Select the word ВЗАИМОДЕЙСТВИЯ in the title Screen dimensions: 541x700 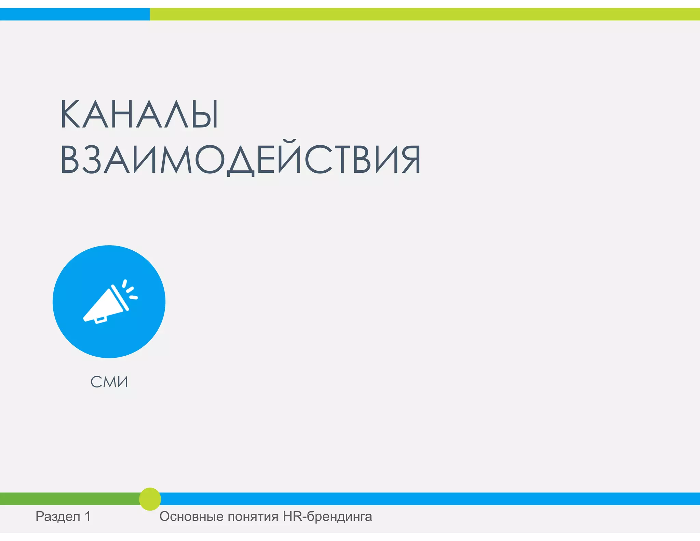pyautogui.click(x=240, y=159)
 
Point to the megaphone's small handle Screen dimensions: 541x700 pyautogui.click(x=100, y=320)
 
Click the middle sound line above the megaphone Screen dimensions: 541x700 pyautogui.click(x=130, y=290)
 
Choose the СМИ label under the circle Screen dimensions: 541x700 pyautogui.click(x=109, y=382)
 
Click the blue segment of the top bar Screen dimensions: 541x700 pyautogui.click(x=75, y=14)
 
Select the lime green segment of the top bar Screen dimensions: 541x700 pyautogui.click(x=425, y=14)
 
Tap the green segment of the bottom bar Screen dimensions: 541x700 pyautogui.click(x=68, y=499)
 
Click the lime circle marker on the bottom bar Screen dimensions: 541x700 pyautogui.click(x=150, y=499)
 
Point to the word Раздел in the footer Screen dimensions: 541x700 pyautogui.click(x=58, y=516)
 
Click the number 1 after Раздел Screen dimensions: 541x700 pyautogui.click(x=87, y=516)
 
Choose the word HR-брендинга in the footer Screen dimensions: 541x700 pyautogui.click(x=327, y=516)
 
